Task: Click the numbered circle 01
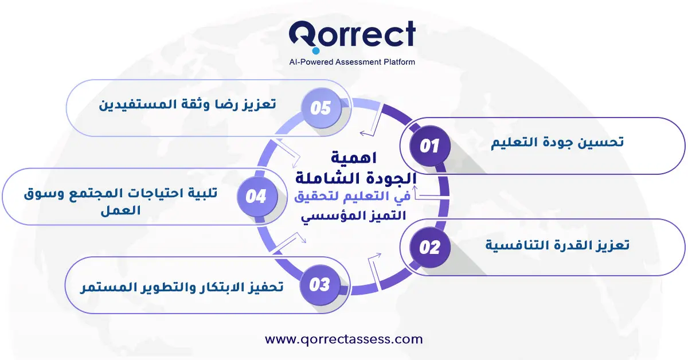(x=430, y=146)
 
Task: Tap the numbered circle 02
(x=430, y=247)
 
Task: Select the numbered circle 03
(x=320, y=284)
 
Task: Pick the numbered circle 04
(x=257, y=196)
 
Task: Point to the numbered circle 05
(x=321, y=108)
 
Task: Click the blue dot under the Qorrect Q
(x=316, y=50)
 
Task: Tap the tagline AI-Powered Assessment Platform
(x=352, y=62)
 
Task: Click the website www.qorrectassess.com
(x=344, y=339)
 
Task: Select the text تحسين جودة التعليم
(x=557, y=142)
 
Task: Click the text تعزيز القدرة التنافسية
(x=557, y=245)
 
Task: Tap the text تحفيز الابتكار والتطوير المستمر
(x=182, y=287)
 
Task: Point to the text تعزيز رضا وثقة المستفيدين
(x=187, y=104)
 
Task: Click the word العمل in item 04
(x=120, y=210)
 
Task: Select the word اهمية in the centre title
(x=354, y=158)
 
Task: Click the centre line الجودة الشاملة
(x=355, y=178)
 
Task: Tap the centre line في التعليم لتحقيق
(x=352, y=197)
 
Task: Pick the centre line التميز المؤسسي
(x=353, y=216)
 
